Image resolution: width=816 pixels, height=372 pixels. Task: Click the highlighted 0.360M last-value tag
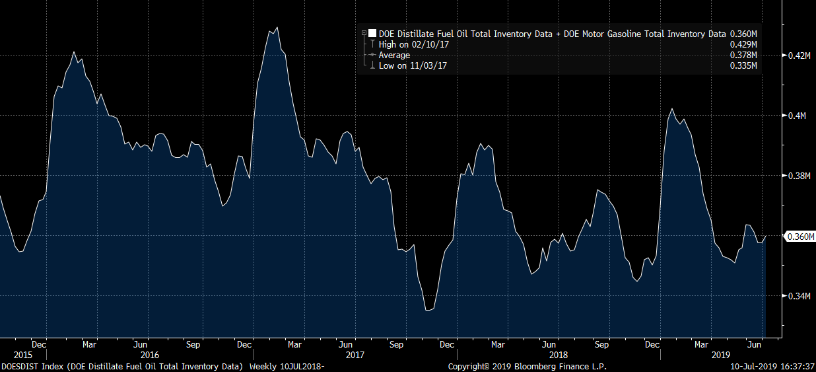799,237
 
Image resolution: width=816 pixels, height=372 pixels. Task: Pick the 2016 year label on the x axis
150,355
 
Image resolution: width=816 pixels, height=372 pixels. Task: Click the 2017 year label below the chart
355,355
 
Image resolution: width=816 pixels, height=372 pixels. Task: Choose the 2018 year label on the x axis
558,355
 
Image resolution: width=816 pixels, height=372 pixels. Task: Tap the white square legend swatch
372,34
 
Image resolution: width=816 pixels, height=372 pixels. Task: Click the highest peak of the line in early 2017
277,28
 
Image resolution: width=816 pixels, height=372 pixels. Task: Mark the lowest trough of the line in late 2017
428,309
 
